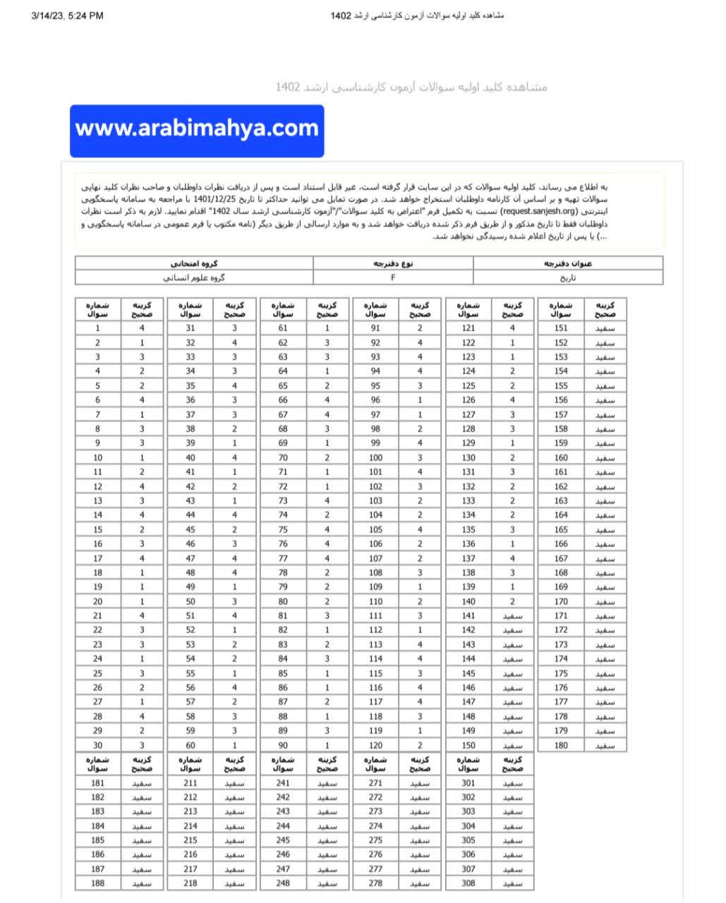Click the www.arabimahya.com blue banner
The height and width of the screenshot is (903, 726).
click(197, 131)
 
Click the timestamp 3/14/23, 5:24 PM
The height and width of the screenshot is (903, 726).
click(68, 16)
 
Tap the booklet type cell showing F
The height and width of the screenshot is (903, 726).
click(393, 277)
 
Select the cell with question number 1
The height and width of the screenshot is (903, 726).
click(97, 328)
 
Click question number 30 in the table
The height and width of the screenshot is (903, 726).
click(97, 745)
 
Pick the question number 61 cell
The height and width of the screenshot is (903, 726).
click(283, 328)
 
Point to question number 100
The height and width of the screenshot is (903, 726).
click(375, 458)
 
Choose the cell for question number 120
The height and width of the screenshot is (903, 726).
click(375, 745)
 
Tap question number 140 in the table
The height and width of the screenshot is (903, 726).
click(468, 602)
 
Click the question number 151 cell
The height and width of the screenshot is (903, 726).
click(561, 328)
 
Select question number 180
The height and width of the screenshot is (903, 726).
click(561, 745)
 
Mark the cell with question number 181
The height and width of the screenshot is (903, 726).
click(97, 783)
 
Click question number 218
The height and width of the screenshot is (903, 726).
click(190, 883)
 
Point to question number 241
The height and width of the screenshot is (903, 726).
click(283, 783)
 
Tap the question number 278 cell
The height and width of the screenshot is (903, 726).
click(375, 883)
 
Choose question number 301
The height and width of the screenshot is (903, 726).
click(468, 783)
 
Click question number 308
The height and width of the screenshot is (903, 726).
click(468, 883)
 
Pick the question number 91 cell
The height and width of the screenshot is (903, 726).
click(375, 328)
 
